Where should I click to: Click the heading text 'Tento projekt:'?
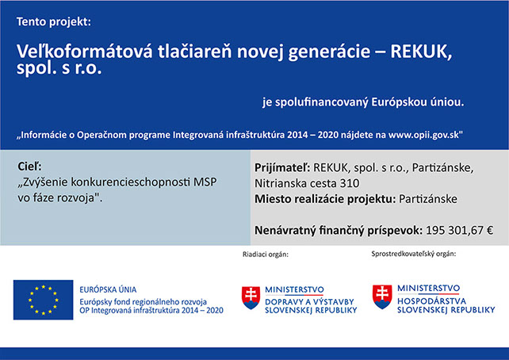pos(54,22)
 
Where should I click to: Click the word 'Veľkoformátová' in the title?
pos(84,52)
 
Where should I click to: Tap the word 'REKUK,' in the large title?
pos(421,52)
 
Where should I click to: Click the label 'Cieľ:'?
pos(29,167)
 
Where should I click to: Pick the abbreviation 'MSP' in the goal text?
pos(205,182)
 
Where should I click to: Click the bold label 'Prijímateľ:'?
pos(282,168)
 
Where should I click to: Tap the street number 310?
pos(350,183)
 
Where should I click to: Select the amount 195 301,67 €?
pos(459,231)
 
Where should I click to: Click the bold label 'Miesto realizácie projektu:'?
pos(325,199)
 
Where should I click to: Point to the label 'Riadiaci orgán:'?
pos(266,255)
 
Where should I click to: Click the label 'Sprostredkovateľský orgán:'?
pos(414,254)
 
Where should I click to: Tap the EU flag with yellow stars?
pos(43,300)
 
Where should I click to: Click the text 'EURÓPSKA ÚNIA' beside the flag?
pos(108,289)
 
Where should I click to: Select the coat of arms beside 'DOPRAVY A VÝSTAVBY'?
pos(251,297)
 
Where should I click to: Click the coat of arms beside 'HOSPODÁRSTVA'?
pos(382,297)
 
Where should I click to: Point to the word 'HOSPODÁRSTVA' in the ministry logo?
pos(432,301)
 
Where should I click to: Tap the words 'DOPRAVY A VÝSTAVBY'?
pos(309,302)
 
